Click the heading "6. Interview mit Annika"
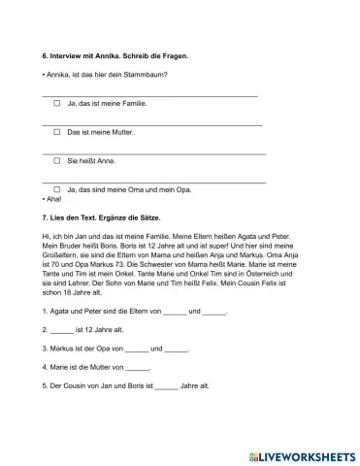(x=88, y=56)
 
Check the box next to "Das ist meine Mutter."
(x=57, y=131)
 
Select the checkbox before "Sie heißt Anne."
(x=57, y=160)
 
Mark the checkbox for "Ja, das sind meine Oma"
(x=57, y=188)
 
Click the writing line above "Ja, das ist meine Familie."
(x=150, y=96)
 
